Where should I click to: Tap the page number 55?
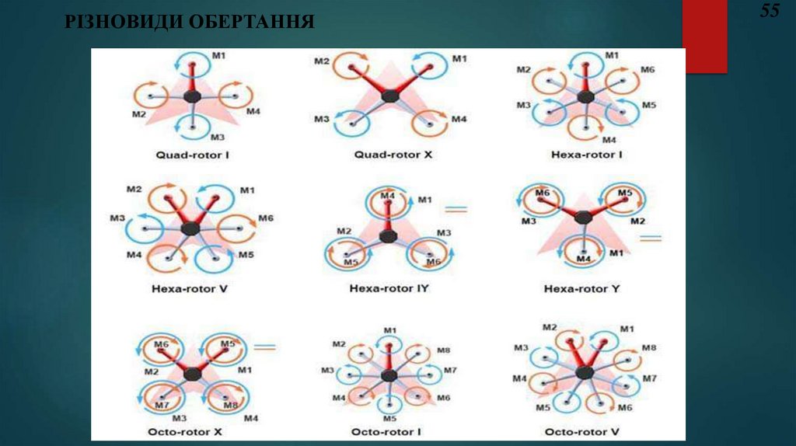[x=770, y=11]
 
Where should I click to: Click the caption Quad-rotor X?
[x=393, y=155]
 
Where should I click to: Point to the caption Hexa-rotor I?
[x=587, y=155]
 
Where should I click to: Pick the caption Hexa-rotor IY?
[x=389, y=289]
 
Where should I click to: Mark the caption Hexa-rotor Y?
[x=587, y=289]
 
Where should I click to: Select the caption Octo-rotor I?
[x=387, y=431]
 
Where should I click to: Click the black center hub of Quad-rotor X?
[x=392, y=96]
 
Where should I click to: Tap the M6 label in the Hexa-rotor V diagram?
[x=266, y=218]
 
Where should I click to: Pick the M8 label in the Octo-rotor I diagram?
[x=443, y=350]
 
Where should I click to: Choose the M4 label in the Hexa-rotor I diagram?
[x=609, y=140]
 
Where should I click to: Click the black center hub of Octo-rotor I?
[x=389, y=376]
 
